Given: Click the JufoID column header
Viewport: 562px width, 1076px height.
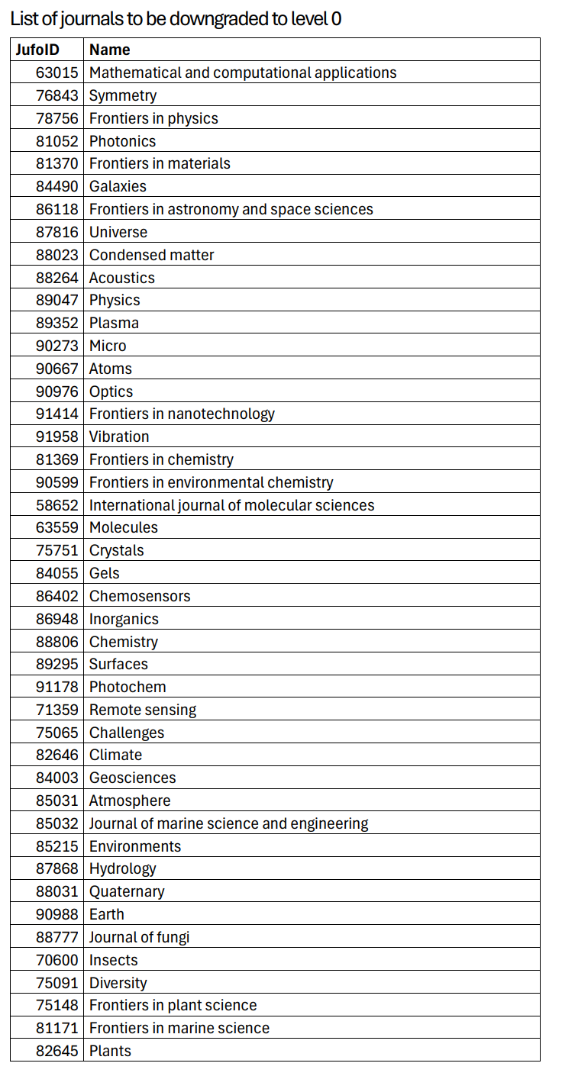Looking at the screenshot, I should [x=37, y=50].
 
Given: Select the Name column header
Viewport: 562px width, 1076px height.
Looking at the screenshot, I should [x=110, y=50].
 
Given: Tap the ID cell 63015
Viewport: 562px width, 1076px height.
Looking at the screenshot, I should [x=57, y=73].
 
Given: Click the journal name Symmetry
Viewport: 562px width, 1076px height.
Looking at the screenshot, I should [x=123, y=96].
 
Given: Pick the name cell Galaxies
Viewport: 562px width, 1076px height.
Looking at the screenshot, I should [x=118, y=187].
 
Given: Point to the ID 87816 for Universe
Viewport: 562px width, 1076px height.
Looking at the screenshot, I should [x=57, y=232].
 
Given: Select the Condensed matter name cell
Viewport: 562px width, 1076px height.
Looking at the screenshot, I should [x=151, y=255].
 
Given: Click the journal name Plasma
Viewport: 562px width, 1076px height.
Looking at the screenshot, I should [x=114, y=323].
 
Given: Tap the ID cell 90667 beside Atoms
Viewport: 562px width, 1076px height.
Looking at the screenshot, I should [x=57, y=369].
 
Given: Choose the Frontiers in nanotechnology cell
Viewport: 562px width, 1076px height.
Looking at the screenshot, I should [x=182, y=414].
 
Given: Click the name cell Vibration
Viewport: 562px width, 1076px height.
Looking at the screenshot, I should [x=119, y=437].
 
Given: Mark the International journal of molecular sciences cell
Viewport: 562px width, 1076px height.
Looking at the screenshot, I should [x=231, y=505].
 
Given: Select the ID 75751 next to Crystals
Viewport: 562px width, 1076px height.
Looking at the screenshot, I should [x=57, y=550].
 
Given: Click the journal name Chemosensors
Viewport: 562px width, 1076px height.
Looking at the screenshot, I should [x=140, y=596].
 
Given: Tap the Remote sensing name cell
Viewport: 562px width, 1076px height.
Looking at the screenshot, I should [x=143, y=710].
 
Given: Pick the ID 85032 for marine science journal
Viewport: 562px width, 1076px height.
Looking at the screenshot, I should [x=57, y=823].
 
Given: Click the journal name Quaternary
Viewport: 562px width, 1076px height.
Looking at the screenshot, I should [x=127, y=891].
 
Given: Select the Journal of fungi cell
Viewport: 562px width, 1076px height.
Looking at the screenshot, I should [x=139, y=937].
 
